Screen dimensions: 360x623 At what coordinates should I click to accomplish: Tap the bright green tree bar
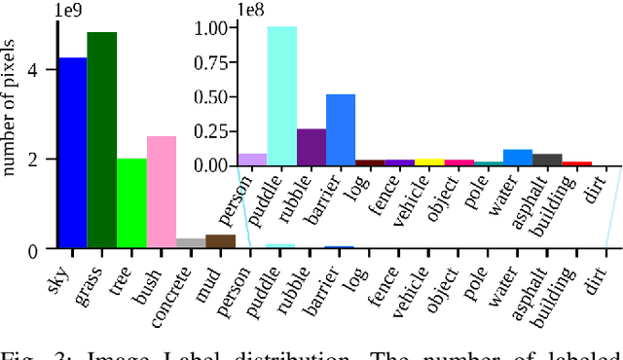tap(131, 203)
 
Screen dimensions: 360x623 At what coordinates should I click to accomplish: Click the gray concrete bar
tap(191, 243)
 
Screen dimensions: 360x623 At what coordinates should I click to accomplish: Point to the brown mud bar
tap(221, 241)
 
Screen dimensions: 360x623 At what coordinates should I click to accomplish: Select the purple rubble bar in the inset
tap(311, 147)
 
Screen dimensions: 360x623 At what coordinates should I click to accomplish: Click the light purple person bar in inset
tap(252, 160)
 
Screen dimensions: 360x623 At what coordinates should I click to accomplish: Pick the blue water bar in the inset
tap(517, 157)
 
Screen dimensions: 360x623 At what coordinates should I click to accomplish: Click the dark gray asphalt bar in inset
tap(547, 160)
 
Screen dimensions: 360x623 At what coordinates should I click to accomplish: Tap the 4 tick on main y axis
tap(34, 71)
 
